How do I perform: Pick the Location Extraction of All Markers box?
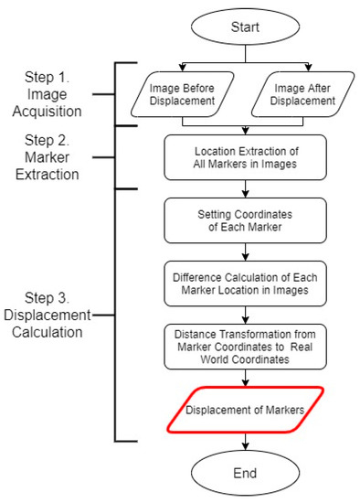pyautogui.click(x=244, y=156)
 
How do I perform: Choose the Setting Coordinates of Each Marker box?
pyautogui.click(x=244, y=219)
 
